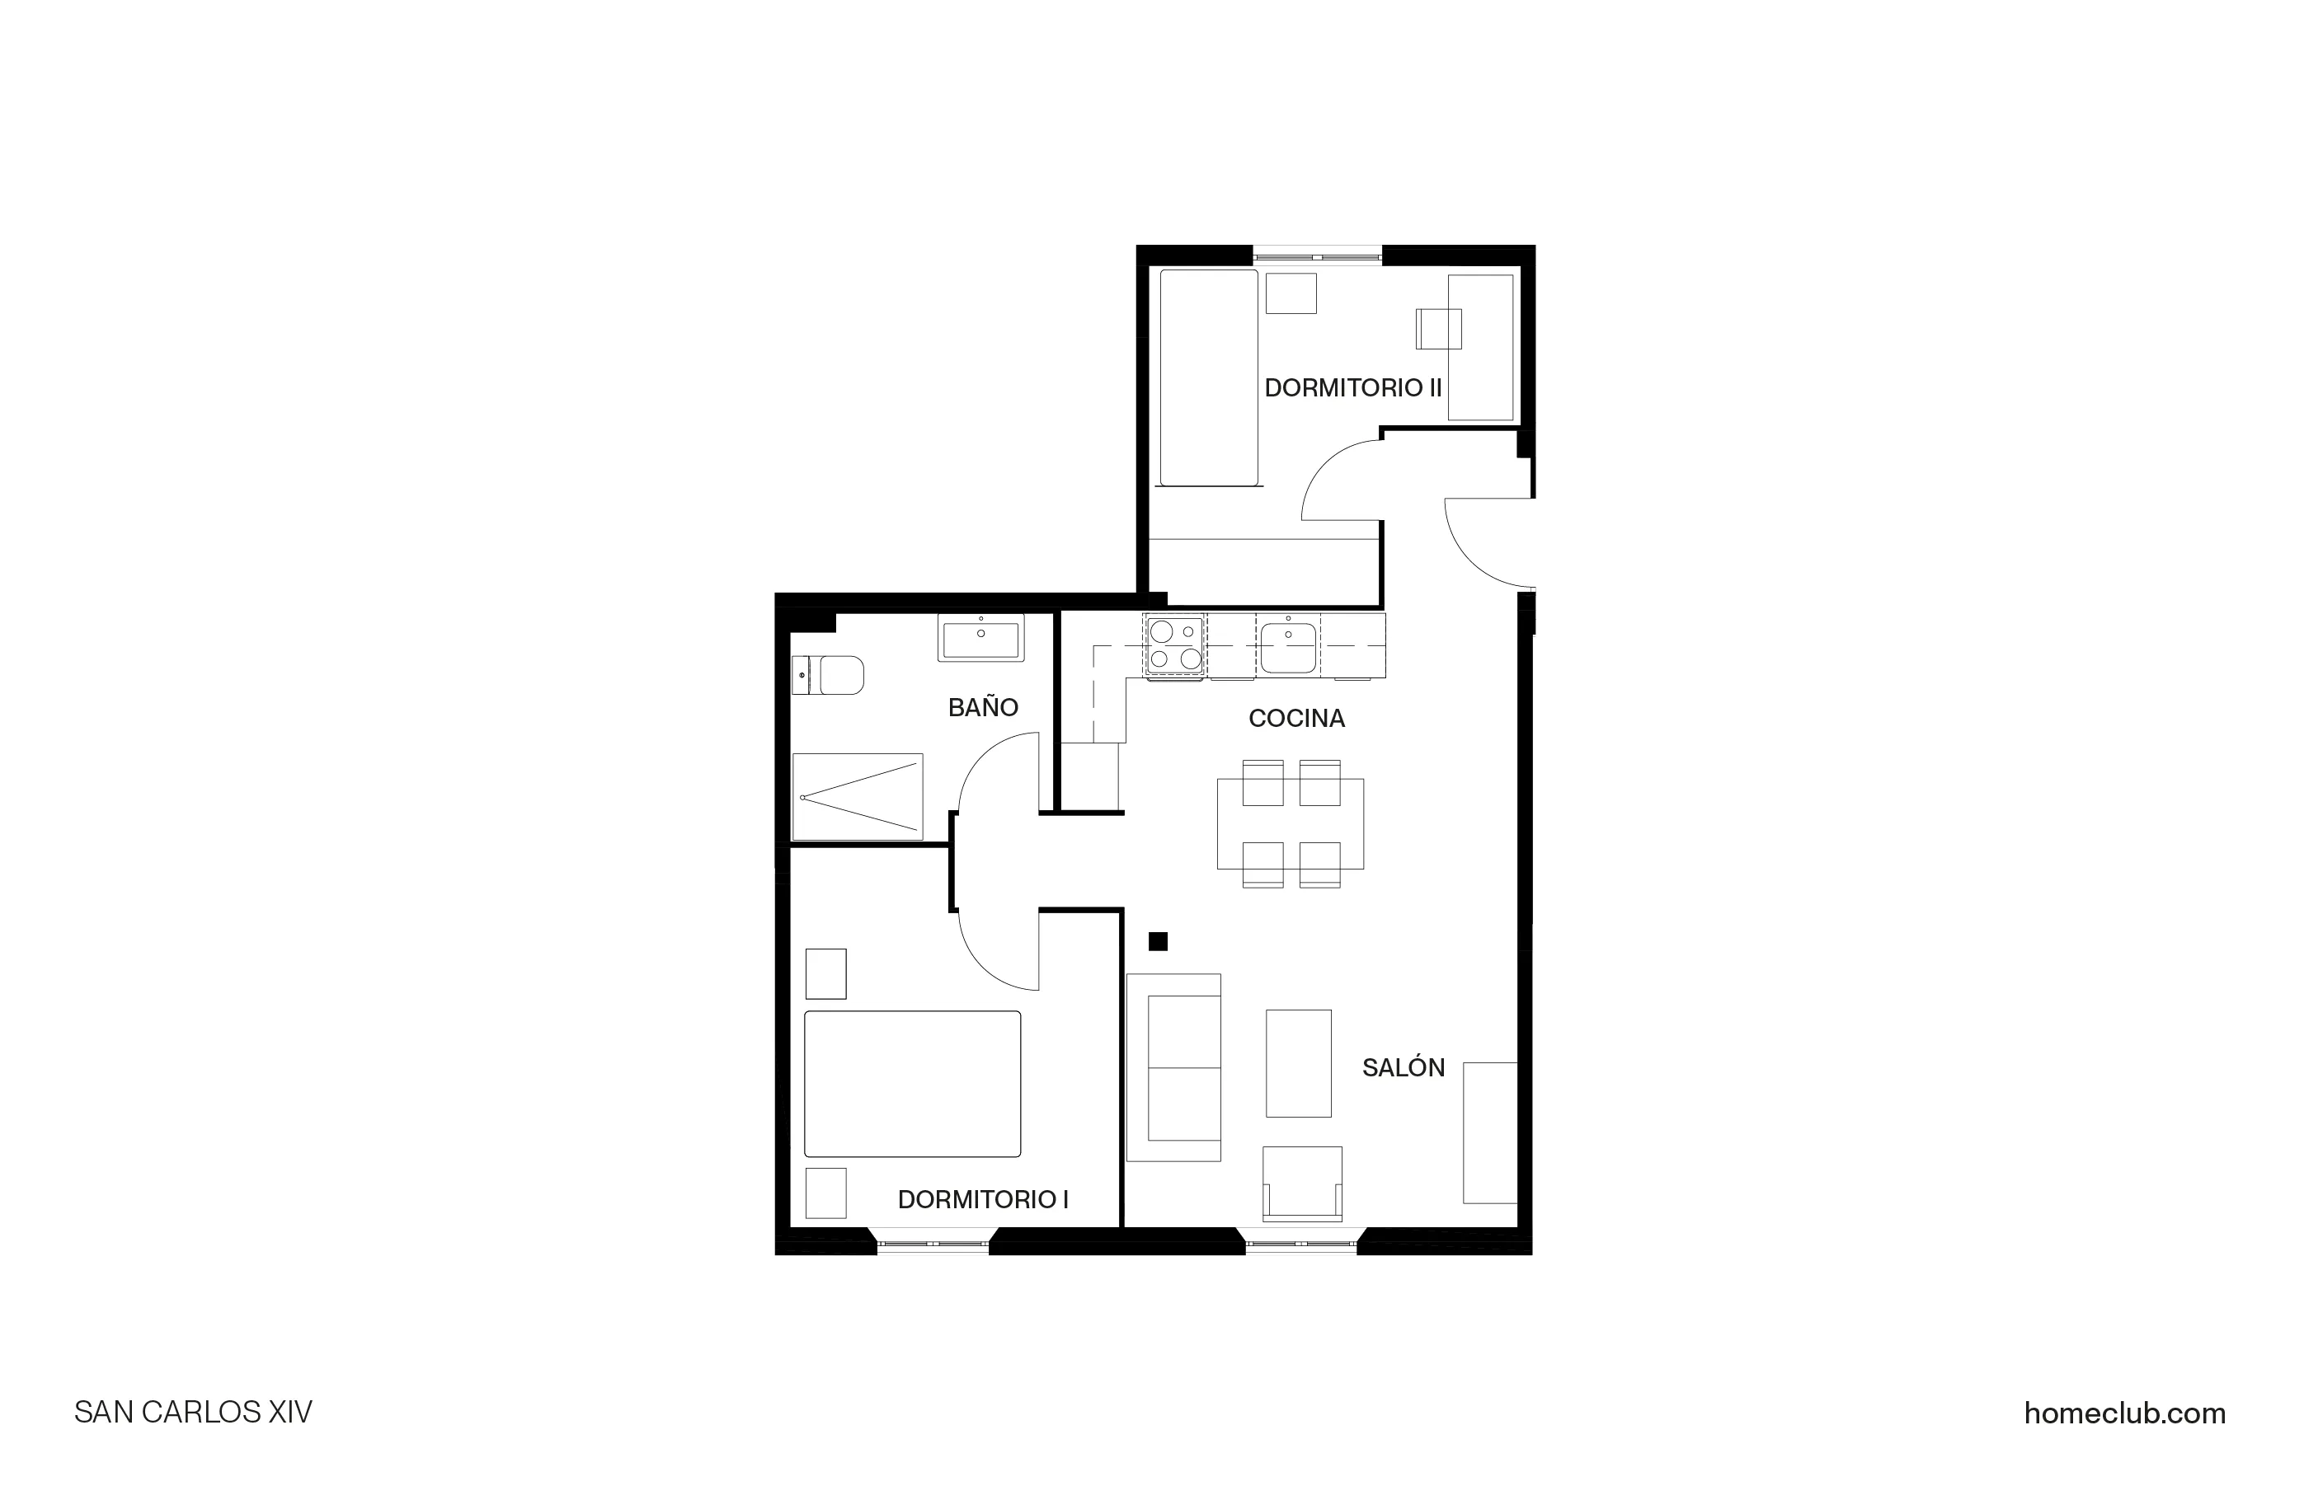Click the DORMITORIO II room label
pos(1352,388)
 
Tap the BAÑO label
pos(983,707)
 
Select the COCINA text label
pos(1296,718)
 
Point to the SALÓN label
pos(1403,1067)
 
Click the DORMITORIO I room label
pos(983,1199)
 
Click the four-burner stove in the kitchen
pos(1175,645)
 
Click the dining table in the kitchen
pos(1291,823)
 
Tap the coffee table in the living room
pos(1298,1062)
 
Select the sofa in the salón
pos(1174,1066)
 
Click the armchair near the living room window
pos(1302,1183)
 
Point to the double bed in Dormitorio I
pos(912,1084)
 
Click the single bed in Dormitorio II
pos(1209,377)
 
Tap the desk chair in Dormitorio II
pos(1436,329)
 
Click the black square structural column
pos(1158,941)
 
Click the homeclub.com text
pos(2124,1413)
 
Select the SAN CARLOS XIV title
pos(194,1412)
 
